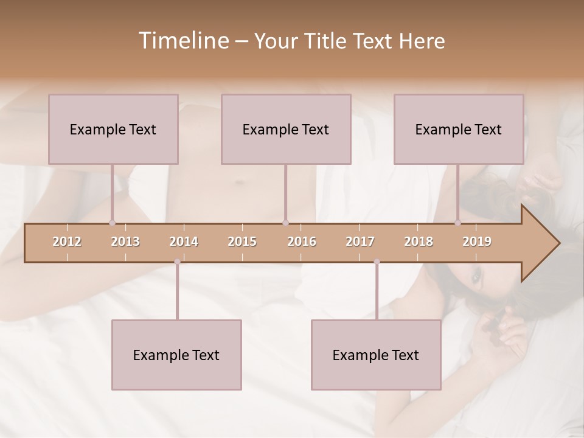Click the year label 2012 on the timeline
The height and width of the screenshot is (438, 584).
(67, 242)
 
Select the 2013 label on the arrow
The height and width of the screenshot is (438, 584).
(125, 242)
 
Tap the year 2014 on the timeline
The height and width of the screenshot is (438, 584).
(184, 242)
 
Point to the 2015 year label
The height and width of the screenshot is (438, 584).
(242, 242)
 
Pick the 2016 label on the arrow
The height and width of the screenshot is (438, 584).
(302, 242)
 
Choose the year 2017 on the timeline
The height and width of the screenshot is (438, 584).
(360, 242)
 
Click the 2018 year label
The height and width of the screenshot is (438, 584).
(419, 242)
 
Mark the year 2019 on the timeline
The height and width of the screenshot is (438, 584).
(477, 242)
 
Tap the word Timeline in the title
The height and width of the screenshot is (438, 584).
(182, 41)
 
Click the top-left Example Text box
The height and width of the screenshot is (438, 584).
(113, 129)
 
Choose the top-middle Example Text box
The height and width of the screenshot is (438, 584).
(286, 129)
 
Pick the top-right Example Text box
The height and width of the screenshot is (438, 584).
(459, 129)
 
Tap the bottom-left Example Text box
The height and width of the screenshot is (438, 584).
(176, 355)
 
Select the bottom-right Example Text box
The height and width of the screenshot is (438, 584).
(376, 355)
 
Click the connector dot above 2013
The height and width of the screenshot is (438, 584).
(112, 223)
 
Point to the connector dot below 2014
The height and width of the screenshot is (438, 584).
(177, 262)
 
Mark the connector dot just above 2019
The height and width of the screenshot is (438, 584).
(458, 223)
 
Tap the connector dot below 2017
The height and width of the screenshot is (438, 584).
(377, 262)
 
